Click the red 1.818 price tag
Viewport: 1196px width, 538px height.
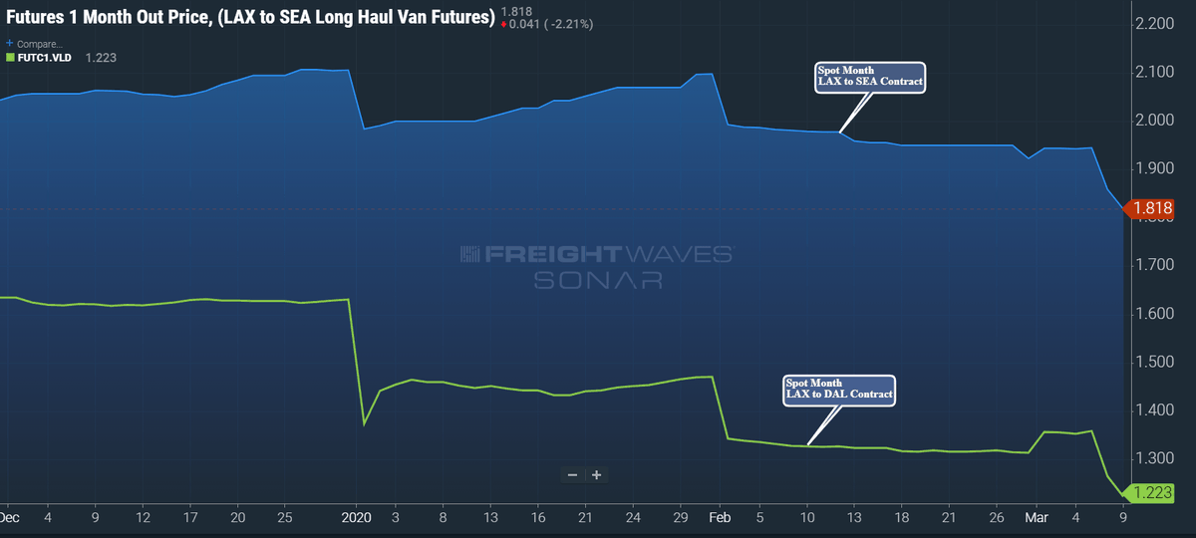pos(1148,208)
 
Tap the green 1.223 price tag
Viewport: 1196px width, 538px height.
pos(1148,492)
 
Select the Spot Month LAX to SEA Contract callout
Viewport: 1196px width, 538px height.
pos(870,78)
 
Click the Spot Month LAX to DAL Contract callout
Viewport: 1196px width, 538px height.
pos(839,391)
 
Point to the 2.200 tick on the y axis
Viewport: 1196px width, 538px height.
pos(1154,24)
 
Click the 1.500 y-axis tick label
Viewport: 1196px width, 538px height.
pos(1154,362)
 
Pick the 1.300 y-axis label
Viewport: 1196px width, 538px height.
pos(1154,458)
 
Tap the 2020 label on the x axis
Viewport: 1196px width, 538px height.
pos(356,517)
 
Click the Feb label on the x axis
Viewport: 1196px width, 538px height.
pos(720,517)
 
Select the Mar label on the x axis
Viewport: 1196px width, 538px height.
pos(1037,517)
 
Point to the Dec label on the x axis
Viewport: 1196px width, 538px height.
pos(9,517)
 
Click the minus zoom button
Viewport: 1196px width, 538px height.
pos(572,475)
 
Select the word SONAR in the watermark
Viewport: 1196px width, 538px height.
pos(598,280)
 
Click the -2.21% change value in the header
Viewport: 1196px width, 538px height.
pos(569,24)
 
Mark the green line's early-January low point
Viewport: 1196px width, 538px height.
pos(364,424)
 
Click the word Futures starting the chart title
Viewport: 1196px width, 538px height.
pos(35,17)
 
